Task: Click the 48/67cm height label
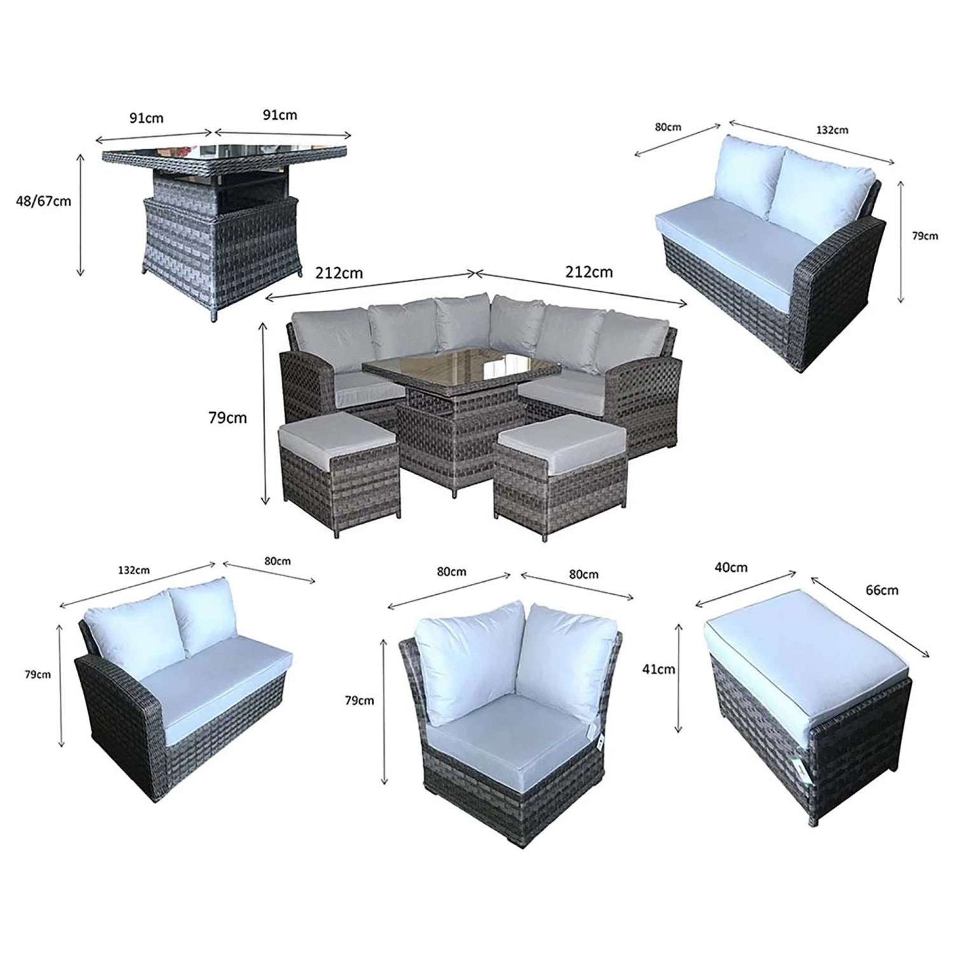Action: pos(44,202)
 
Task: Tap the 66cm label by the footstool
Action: pos(881,590)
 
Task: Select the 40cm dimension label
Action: pos(731,567)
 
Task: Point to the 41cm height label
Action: pos(659,669)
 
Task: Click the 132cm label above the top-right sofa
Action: pos(832,130)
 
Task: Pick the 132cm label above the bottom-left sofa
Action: pos(134,570)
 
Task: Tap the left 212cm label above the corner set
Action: pos(339,273)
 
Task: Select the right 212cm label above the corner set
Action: pos(589,272)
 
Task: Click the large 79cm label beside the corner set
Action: pos(228,418)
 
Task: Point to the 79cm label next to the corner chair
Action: pos(359,700)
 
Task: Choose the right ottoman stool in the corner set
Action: pos(560,481)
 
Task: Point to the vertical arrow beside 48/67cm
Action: pos(80,215)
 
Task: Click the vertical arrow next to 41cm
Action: pos(679,678)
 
